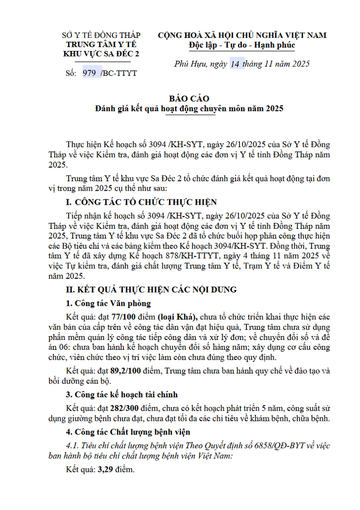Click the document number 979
[89, 73]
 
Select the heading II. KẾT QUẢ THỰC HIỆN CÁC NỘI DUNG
[151, 290]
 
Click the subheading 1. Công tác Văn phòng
[108, 303]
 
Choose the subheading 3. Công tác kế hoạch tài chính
[122, 394]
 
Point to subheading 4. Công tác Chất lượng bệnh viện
[128, 432]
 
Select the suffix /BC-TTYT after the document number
[119, 73]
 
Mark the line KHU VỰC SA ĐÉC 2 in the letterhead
[101, 54]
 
